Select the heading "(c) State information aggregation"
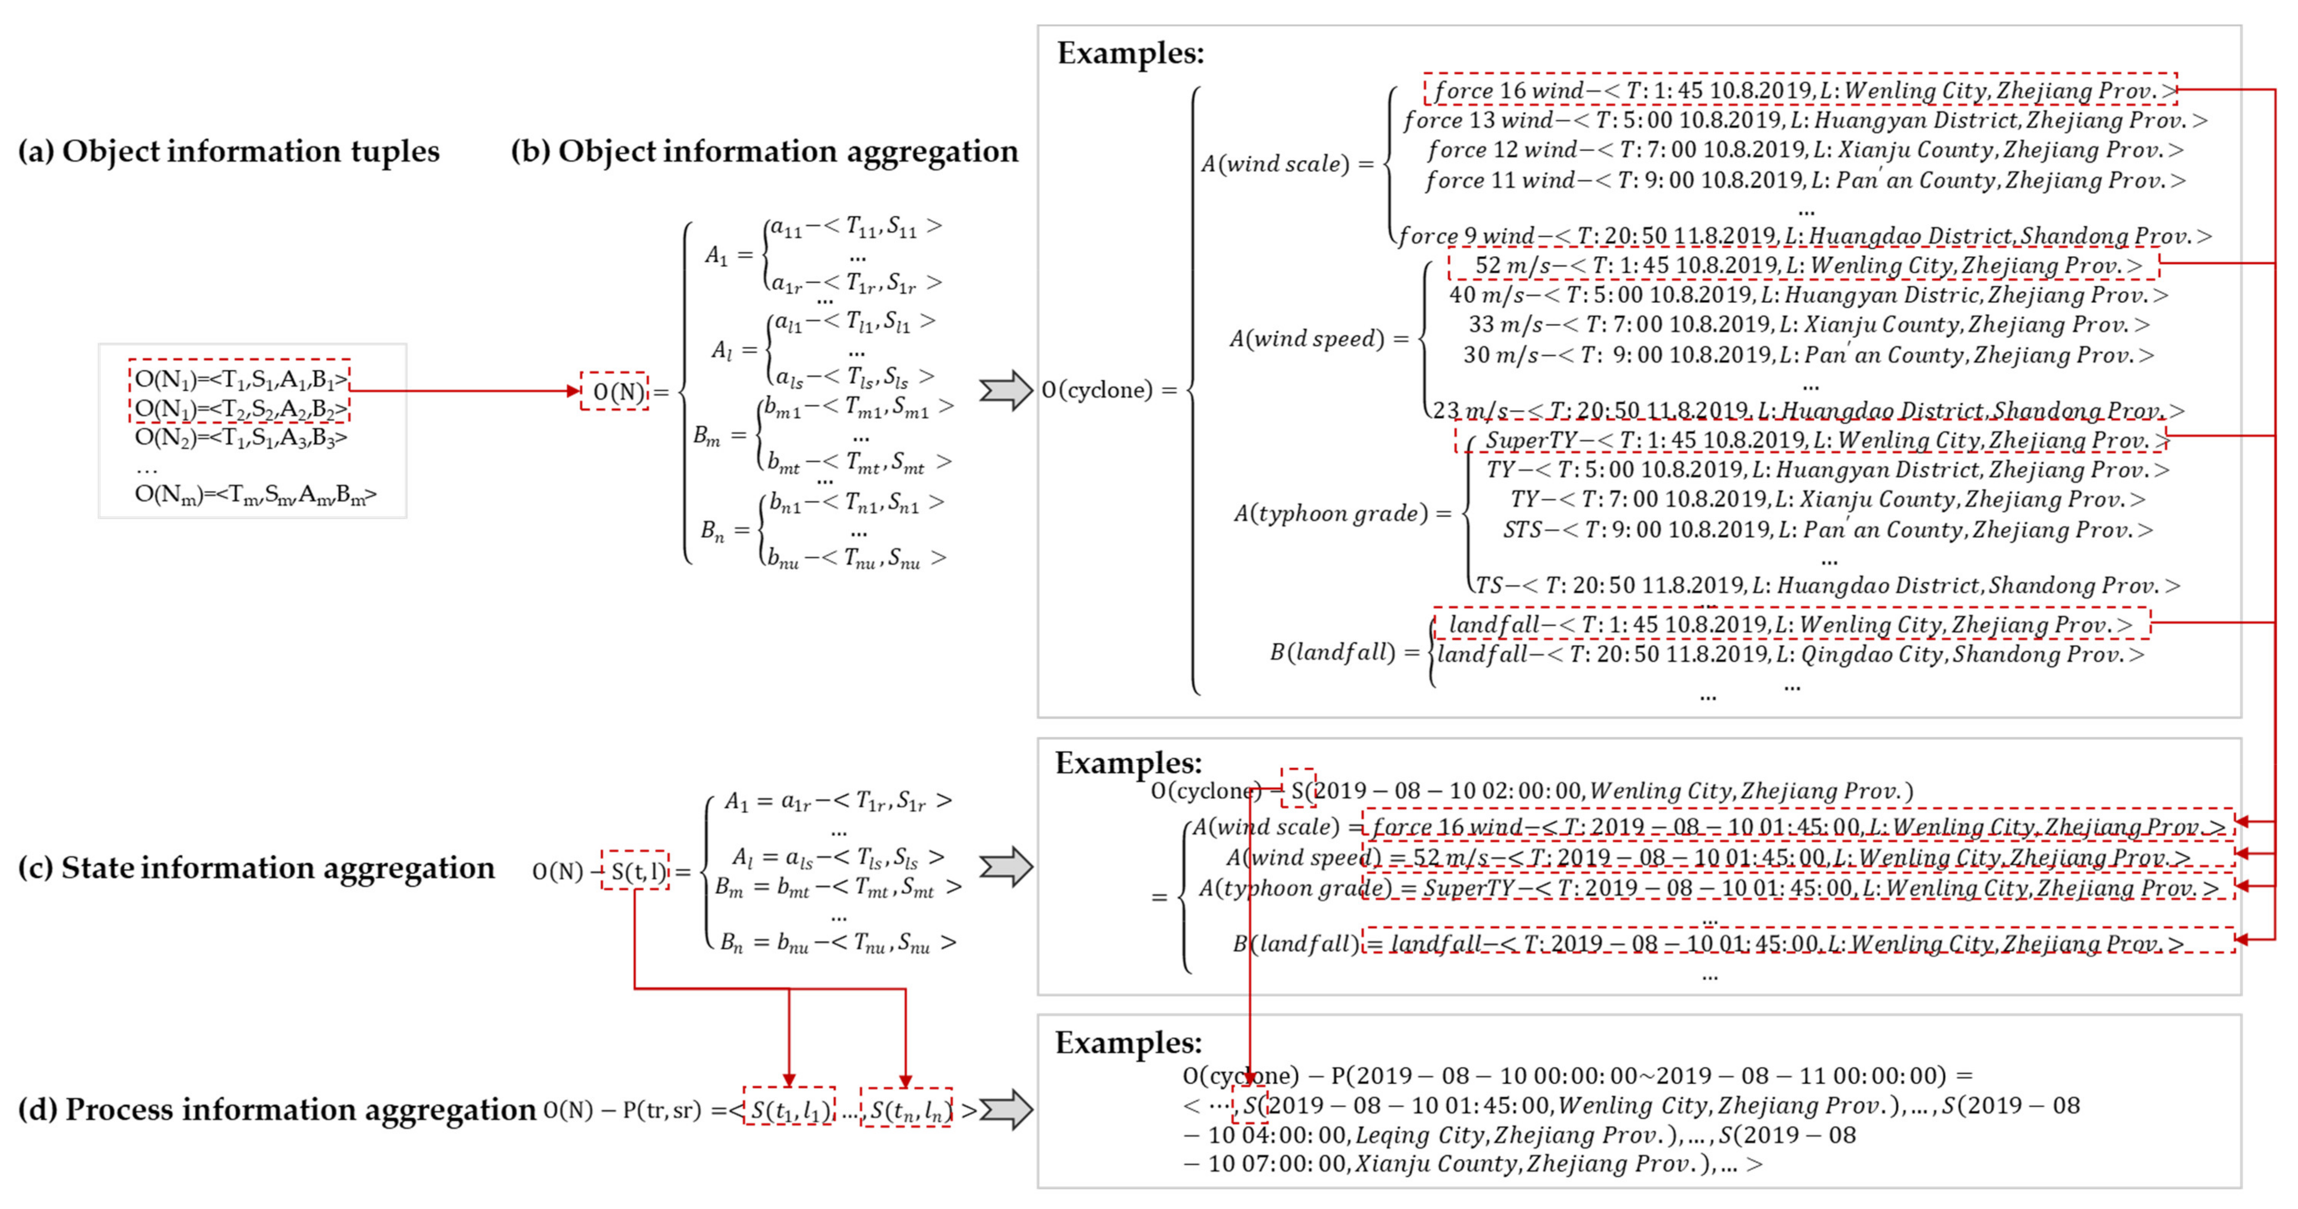256,867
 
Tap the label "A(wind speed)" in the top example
1307,339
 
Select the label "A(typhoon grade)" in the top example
1331,514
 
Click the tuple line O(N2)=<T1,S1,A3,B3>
241,437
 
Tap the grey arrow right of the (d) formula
1006,1110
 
